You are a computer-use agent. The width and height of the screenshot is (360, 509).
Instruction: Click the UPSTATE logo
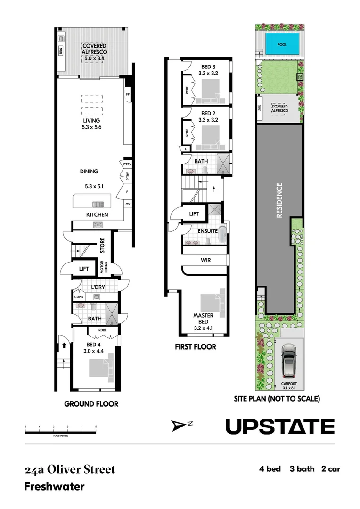[280, 426]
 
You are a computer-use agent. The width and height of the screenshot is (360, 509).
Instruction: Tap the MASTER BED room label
[204, 319]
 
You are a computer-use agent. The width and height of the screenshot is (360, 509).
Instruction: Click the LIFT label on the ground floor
[84, 269]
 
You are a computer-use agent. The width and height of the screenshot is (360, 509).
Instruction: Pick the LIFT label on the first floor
[194, 214]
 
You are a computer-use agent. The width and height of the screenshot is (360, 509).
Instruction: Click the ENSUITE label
[208, 231]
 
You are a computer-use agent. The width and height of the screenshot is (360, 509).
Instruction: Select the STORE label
[102, 245]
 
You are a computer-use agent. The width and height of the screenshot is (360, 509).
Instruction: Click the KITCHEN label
[97, 215]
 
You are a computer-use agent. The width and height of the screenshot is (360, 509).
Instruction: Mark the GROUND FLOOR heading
[91, 404]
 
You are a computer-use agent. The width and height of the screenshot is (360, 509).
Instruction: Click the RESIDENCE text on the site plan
[279, 200]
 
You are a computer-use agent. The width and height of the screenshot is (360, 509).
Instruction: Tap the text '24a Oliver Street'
[70, 470]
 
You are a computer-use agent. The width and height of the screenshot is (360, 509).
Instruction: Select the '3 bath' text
[301, 469]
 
